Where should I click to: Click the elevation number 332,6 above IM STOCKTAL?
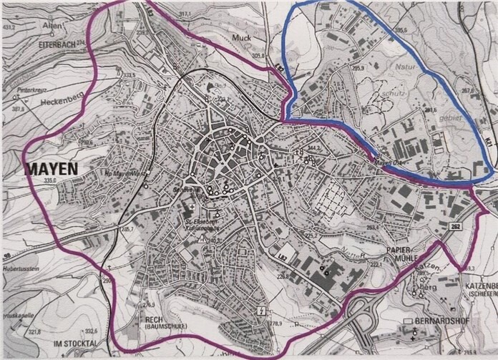click(x=91, y=332)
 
